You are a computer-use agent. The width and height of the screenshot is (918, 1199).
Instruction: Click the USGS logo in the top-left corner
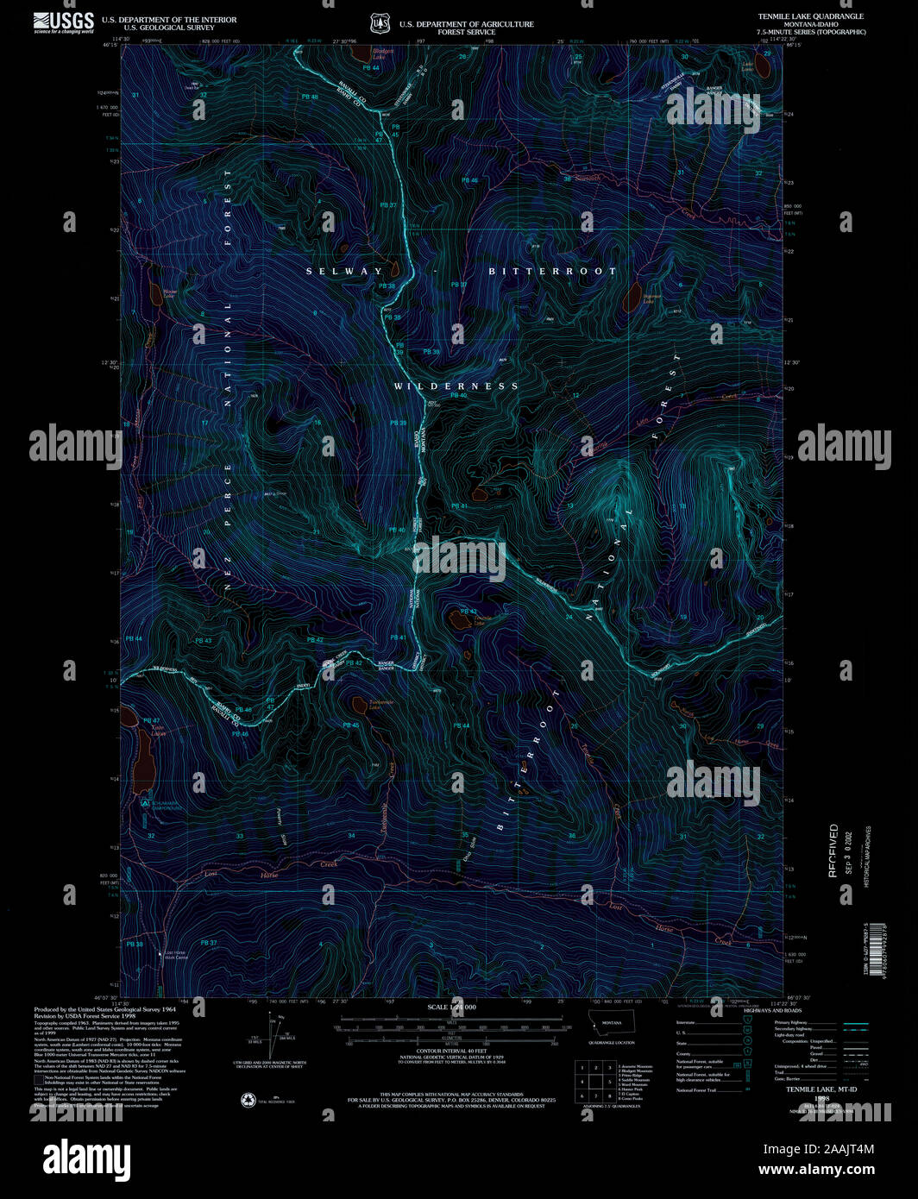[x=64, y=22]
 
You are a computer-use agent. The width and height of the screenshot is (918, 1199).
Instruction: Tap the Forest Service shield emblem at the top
[x=377, y=23]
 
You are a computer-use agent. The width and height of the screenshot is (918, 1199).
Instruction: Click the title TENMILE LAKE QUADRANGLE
[x=810, y=16]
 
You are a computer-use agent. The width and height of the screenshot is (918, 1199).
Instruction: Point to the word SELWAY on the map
[x=343, y=271]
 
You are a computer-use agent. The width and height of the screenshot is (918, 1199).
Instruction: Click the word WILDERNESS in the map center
[x=456, y=386]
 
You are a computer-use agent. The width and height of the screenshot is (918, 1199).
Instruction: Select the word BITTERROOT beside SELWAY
[x=552, y=271]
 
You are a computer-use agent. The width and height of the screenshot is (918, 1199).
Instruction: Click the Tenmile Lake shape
[x=456, y=618]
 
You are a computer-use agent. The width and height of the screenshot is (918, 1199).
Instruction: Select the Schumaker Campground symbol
[x=145, y=801]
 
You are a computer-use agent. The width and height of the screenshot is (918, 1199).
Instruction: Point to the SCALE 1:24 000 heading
[x=451, y=1008]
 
